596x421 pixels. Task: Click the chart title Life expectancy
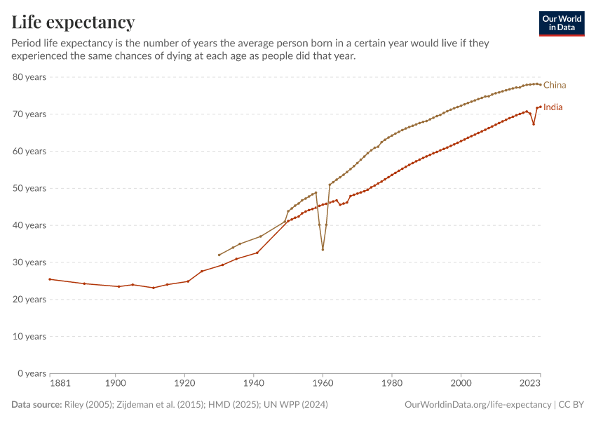click(73, 22)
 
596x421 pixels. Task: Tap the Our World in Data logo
click(561, 23)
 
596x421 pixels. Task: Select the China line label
click(555, 85)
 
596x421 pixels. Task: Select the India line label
click(553, 107)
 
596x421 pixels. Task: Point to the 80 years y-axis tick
click(29, 76)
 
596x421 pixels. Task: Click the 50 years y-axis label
click(29, 188)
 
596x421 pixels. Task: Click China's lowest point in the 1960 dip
click(323, 249)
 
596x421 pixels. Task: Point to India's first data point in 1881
click(50, 279)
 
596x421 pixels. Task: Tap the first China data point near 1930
click(219, 255)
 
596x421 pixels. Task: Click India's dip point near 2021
click(534, 124)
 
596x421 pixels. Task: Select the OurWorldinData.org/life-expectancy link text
click(478, 405)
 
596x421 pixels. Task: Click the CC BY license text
click(571, 405)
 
